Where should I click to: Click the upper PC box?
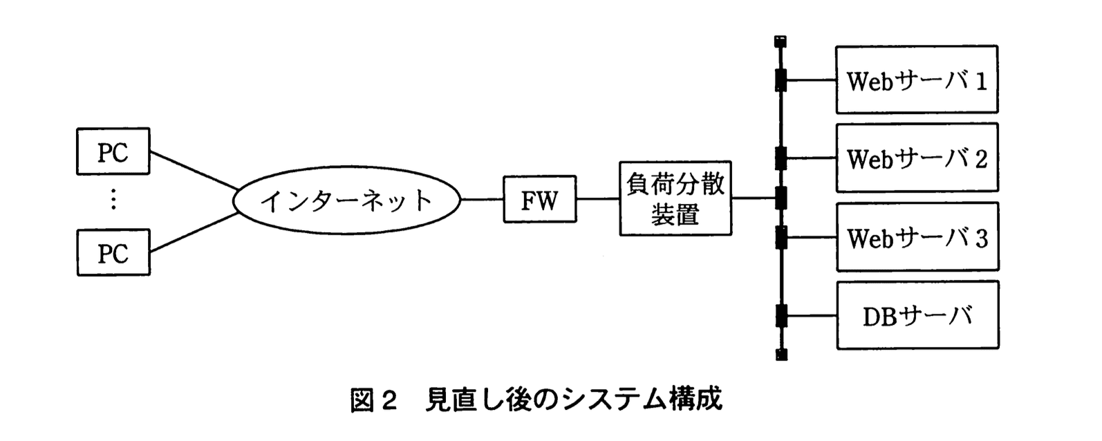113,151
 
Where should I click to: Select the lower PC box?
113,253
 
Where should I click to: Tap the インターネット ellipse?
346,200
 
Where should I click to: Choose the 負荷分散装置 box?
675,199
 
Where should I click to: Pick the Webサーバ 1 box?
916,79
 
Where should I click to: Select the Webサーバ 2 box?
916,158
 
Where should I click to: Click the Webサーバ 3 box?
916,237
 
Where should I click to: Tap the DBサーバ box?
916,315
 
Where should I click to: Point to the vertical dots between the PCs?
113,200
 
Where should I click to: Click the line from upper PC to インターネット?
194,170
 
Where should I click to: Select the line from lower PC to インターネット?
194,232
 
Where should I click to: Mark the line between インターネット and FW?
481,199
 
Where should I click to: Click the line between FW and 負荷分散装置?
597,199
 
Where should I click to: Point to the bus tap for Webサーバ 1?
781,79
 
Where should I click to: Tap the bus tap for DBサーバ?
781,315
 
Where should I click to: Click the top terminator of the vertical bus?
781,41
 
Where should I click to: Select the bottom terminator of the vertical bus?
781,355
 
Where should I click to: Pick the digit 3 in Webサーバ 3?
981,238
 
